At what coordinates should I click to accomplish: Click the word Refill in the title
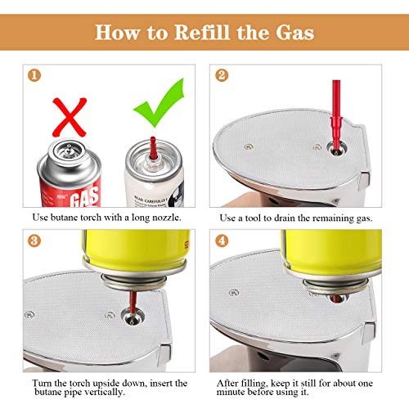tap(201, 32)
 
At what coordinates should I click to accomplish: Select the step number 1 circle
tap(34, 75)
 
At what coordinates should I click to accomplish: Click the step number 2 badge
tap(222, 75)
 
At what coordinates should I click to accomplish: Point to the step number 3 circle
tap(34, 240)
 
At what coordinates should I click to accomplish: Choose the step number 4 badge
tap(222, 240)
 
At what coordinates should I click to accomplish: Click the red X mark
tap(70, 117)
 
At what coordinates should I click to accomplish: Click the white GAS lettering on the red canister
tap(84, 196)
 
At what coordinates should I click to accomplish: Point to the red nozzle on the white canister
tap(153, 148)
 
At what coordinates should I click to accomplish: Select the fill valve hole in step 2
tap(337, 149)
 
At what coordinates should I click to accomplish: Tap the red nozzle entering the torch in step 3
tap(133, 303)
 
